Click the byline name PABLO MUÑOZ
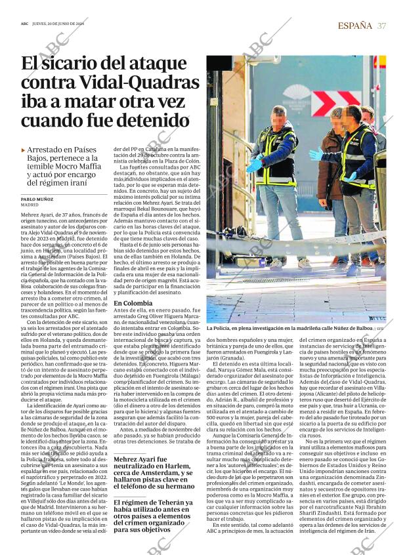(x=37, y=198)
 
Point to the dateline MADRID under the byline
(x=30, y=205)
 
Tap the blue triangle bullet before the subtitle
(x=24, y=150)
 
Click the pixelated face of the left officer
(x=278, y=119)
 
